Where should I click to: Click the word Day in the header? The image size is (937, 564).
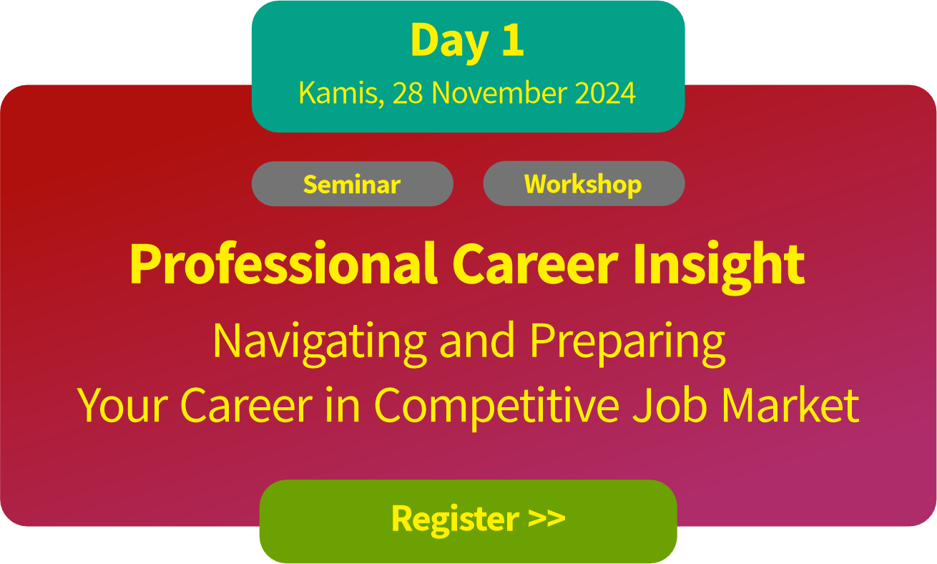click(x=450, y=43)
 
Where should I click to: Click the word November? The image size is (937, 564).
click(x=499, y=92)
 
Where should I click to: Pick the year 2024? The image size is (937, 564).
click(x=605, y=92)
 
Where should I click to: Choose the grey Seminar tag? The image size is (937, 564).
click(x=352, y=183)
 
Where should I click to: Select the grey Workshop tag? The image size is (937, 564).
click(x=584, y=183)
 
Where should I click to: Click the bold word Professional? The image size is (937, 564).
click(x=284, y=263)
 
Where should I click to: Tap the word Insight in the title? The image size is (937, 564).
click(x=719, y=267)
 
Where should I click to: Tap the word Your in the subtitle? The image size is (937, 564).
click(x=122, y=404)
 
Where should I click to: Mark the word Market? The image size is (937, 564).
click(x=790, y=404)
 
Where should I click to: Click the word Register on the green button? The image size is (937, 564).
click(x=455, y=520)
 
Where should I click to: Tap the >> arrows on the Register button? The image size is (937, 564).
click(x=546, y=518)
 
